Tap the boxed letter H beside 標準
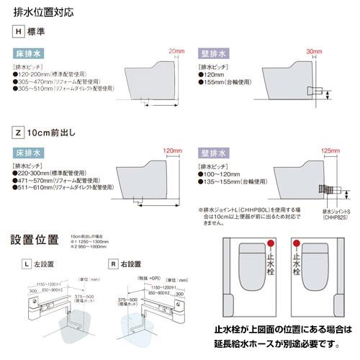tap(19, 31)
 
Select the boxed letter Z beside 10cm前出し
tap(19, 133)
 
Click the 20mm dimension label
tap(176, 51)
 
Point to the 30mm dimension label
tap(314, 52)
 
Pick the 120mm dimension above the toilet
tap(171, 150)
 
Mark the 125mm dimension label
tap(329, 150)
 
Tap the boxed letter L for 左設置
tap(26, 264)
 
